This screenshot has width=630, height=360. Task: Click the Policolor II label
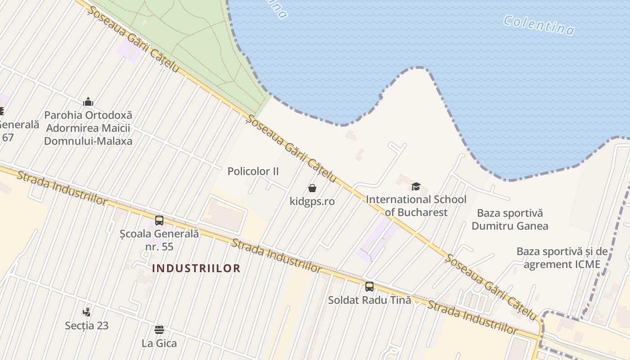pyautogui.click(x=253, y=171)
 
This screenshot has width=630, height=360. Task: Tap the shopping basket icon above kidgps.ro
pyautogui.click(x=312, y=188)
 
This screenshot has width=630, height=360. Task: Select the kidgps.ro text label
pyautogui.click(x=312, y=201)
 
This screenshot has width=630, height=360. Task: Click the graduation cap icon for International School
pyautogui.click(x=416, y=186)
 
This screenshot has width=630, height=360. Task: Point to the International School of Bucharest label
pyautogui.click(x=416, y=206)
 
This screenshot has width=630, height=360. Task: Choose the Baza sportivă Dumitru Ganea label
pyautogui.click(x=510, y=219)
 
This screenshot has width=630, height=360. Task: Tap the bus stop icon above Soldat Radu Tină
pyautogui.click(x=369, y=286)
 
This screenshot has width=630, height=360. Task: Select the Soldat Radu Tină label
pyautogui.click(x=369, y=300)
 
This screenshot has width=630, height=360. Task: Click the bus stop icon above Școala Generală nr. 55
pyautogui.click(x=159, y=220)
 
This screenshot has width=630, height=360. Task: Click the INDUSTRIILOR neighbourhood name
pyautogui.click(x=196, y=269)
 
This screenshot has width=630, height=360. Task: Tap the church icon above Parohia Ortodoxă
pyautogui.click(x=88, y=102)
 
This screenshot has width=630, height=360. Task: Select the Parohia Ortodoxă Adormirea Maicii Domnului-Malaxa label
pyautogui.click(x=88, y=128)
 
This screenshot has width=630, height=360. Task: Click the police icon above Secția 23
pyautogui.click(x=87, y=311)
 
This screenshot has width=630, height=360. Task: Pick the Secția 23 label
pyautogui.click(x=87, y=325)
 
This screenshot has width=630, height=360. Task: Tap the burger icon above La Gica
pyautogui.click(x=159, y=330)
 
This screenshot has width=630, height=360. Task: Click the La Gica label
pyautogui.click(x=159, y=343)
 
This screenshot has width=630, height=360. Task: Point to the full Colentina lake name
pyautogui.click(x=539, y=25)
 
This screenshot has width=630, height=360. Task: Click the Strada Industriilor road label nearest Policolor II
pyautogui.click(x=277, y=256)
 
